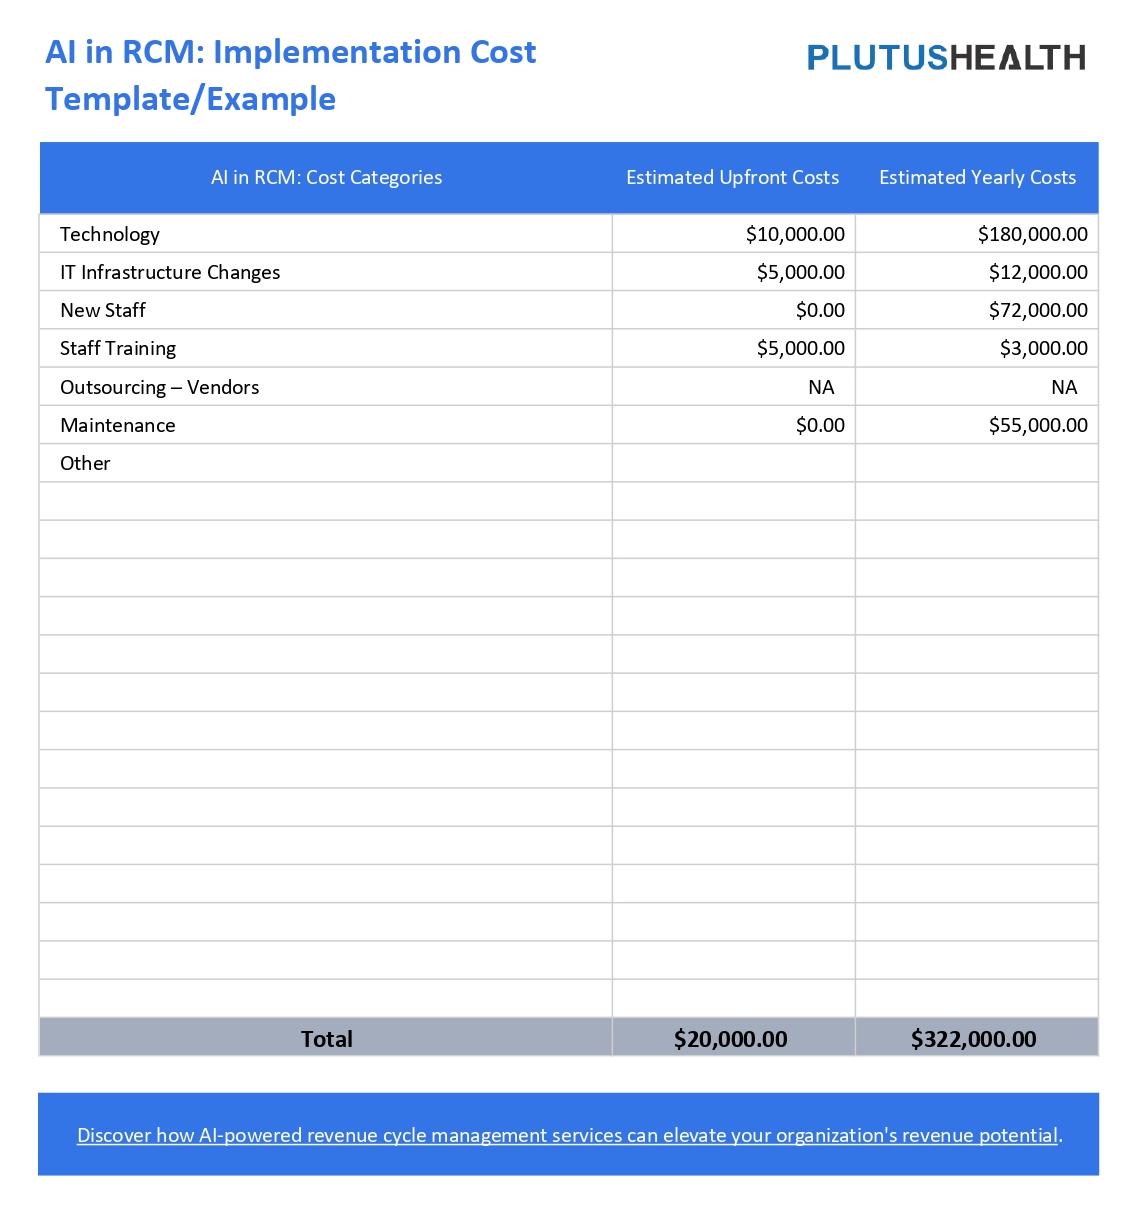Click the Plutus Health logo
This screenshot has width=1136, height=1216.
click(945, 58)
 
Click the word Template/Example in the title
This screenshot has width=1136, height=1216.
click(190, 99)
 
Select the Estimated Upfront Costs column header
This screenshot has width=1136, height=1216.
click(732, 178)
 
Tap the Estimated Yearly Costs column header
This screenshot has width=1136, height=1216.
click(977, 178)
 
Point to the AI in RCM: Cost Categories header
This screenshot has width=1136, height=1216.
click(326, 178)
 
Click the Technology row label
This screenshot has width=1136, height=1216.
click(110, 235)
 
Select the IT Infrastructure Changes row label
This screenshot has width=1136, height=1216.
click(170, 273)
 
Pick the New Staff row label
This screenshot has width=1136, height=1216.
click(103, 311)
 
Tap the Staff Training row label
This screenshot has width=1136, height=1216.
click(118, 349)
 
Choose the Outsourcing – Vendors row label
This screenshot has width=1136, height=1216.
click(159, 388)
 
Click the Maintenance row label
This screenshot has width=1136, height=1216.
click(118, 426)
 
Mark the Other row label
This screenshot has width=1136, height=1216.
click(85, 464)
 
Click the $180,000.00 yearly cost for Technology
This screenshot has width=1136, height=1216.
click(1032, 235)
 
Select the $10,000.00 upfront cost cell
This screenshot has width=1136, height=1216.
click(795, 235)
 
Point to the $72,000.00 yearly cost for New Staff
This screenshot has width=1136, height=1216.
click(1038, 311)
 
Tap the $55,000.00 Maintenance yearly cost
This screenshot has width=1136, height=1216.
click(1038, 426)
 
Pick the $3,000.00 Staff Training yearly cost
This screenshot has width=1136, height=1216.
click(1043, 349)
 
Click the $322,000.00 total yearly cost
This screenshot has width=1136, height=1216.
click(973, 1039)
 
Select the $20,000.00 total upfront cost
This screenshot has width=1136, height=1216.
click(730, 1039)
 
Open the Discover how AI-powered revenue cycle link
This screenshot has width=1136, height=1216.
click(567, 1136)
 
